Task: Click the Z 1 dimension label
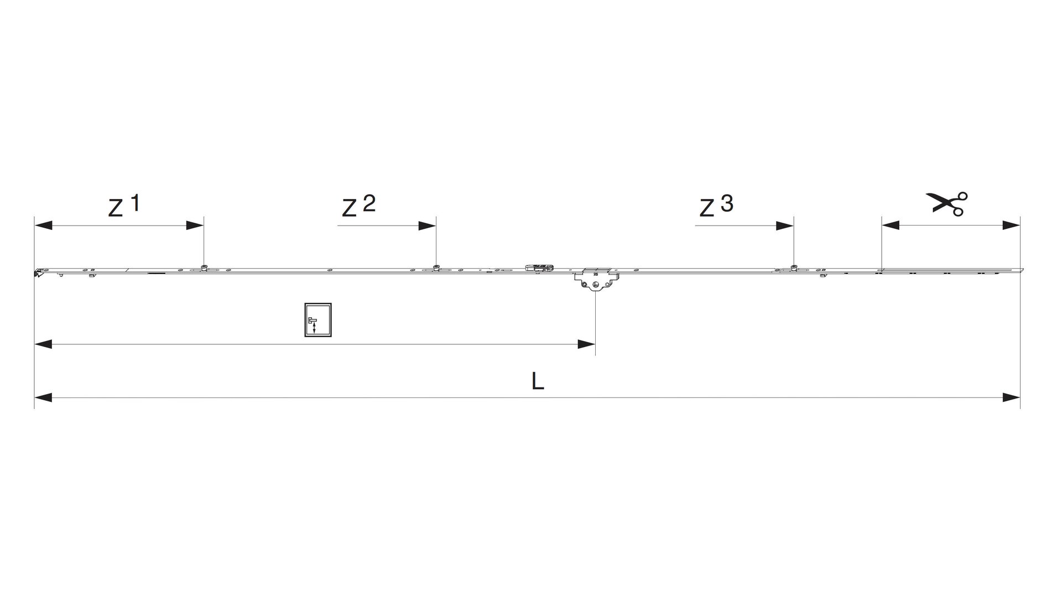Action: click(x=124, y=206)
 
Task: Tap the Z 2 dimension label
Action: click(x=358, y=206)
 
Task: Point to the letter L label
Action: click(x=538, y=381)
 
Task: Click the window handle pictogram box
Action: click(x=318, y=320)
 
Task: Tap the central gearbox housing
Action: click(x=595, y=280)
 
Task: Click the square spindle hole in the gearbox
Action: click(x=595, y=285)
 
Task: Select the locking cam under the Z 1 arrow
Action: click(x=204, y=268)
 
